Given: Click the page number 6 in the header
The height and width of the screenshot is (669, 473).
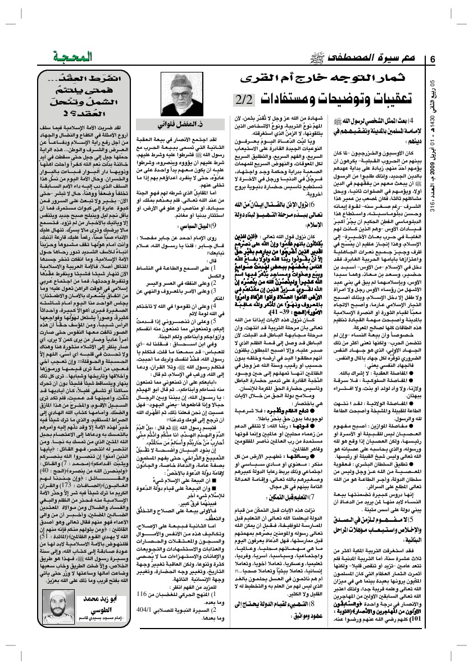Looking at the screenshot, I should pyautogui.click(x=433, y=60).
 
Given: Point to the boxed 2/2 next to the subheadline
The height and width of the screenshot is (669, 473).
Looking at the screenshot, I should pyautogui.click(x=245, y=101).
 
